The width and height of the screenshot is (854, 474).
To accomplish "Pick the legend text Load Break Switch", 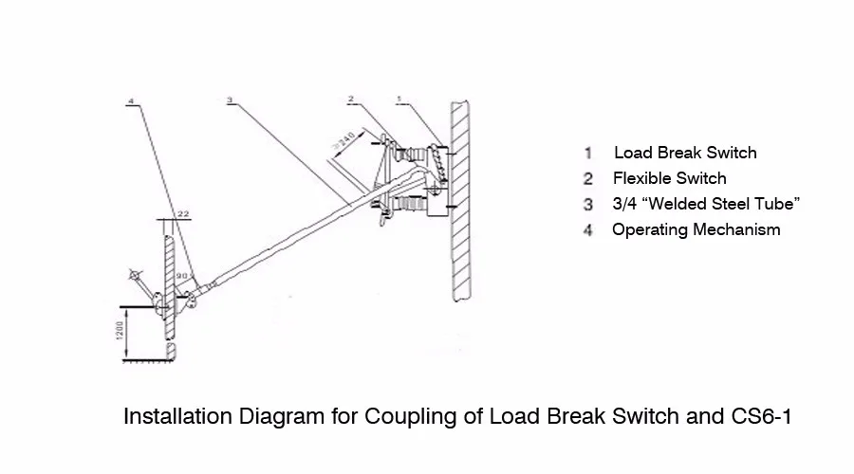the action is coord(685,153).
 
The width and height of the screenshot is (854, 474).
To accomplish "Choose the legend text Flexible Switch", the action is coord(669,178).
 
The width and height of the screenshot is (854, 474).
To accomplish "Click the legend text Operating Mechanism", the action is coord(696,229).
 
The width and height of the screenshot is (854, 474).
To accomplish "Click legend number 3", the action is coord(588,205).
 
